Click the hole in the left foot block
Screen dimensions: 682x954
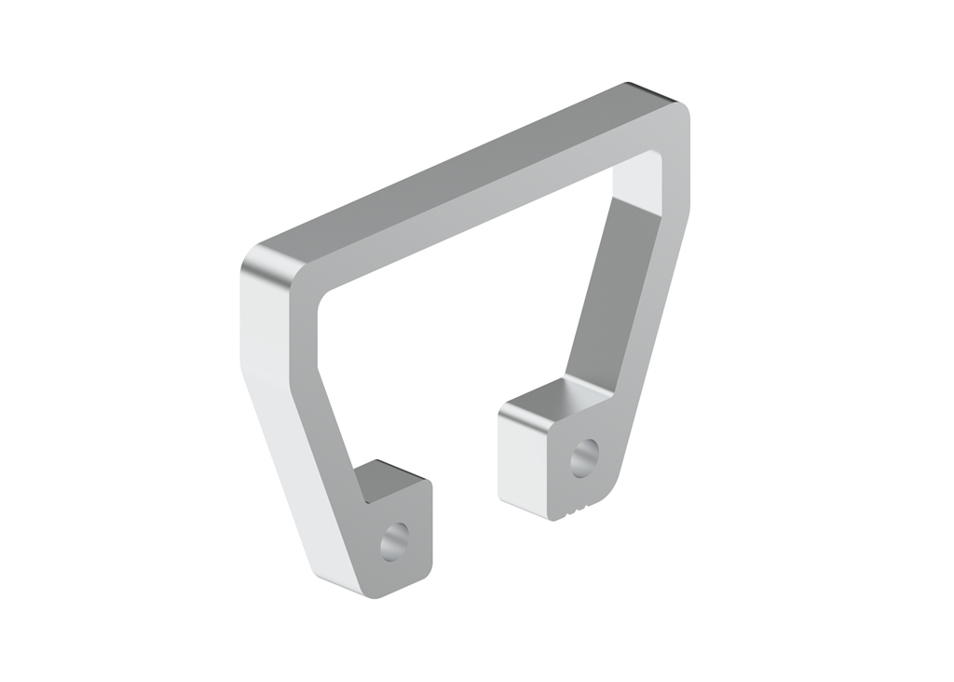tap(395, 539)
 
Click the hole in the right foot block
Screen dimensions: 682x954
tap(584, 457)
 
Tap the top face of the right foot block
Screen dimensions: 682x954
tap(550, 400)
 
